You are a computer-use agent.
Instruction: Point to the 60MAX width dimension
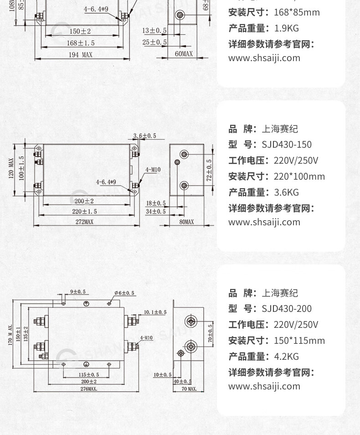183,54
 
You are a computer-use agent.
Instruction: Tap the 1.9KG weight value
286,28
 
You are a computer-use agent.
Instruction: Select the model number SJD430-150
287,145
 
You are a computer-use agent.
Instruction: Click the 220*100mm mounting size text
299,176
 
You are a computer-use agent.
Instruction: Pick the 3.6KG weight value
286,192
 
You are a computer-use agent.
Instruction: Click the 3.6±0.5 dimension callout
144,136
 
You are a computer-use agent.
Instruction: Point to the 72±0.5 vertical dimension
210,170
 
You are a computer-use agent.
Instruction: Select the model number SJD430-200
287,309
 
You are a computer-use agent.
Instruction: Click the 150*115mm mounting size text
299,341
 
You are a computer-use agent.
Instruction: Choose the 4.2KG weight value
286,357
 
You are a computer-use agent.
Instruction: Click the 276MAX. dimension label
88,389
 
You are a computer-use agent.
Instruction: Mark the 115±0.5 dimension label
86,374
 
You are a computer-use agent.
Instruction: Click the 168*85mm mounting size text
297,12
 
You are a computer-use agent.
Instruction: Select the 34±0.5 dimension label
156,212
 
